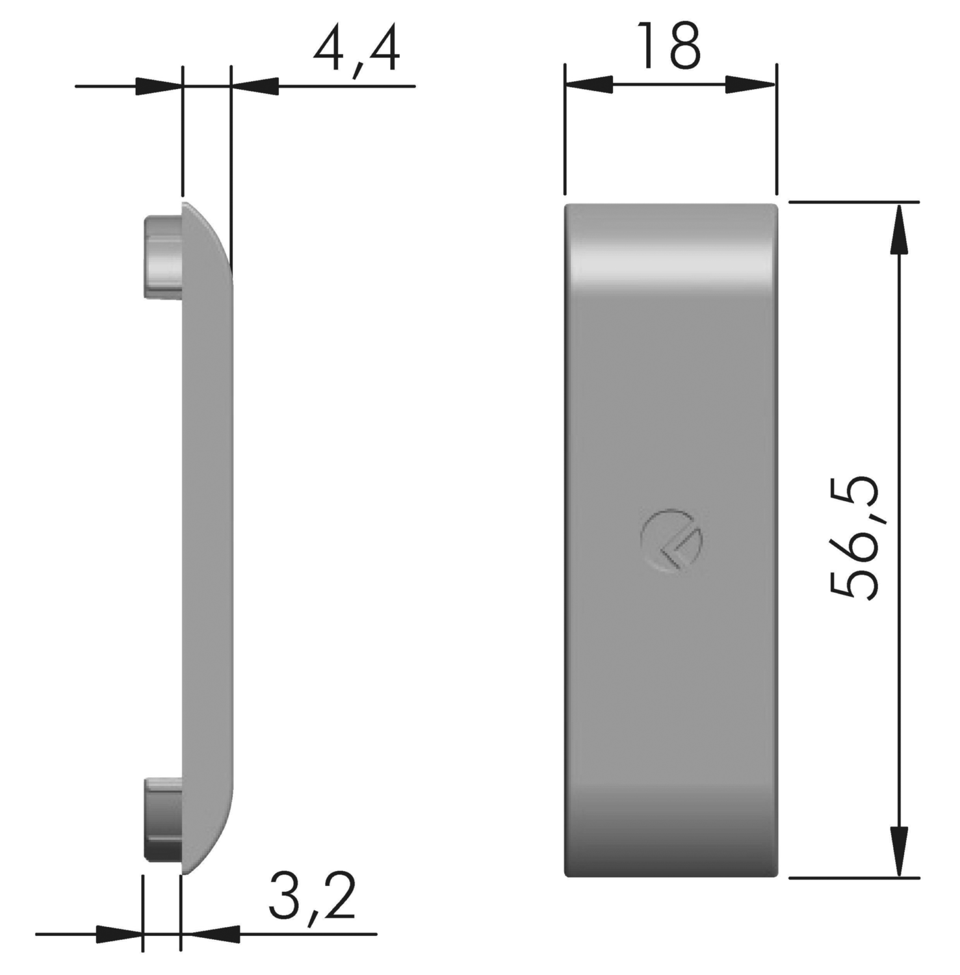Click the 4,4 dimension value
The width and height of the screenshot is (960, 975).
356,51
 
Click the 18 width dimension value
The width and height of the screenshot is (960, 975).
669,45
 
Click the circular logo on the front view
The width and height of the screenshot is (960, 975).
671,541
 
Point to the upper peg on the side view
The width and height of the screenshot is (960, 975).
162,257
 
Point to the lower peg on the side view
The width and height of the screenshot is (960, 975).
162,820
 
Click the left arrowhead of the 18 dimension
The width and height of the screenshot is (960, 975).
589,84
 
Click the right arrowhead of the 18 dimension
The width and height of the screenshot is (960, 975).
751,84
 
